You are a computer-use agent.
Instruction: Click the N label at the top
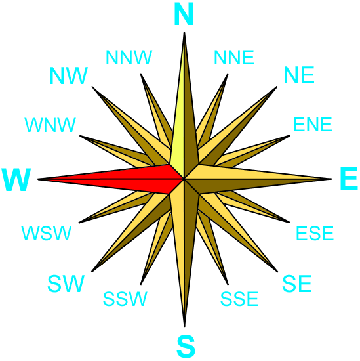(x=184, y=14)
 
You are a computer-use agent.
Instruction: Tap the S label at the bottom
(x=186, y=346)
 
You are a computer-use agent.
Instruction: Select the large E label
(x=349, y=179)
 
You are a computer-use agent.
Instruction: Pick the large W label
(x=16, y=180)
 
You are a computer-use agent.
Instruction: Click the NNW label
(x=129, y=57)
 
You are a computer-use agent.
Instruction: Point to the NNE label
(x=234, y=57)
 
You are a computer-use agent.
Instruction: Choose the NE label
(x=299, y=75)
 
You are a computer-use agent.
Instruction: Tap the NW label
(x=69, y=75)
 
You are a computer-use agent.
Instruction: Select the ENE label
(x=312, y=124)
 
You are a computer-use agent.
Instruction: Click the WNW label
(x=50, y=125)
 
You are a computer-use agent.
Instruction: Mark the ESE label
(x=315, y=233)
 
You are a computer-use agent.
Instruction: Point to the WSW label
(x=47, y=233)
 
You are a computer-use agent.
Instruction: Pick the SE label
(x=297, y=284)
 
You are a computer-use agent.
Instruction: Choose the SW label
(x=66, y=284)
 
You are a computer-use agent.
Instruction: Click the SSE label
(x=239, y=299)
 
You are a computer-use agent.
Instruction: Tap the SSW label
(x=125, y=299)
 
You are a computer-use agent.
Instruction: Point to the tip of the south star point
(x=184, y=326)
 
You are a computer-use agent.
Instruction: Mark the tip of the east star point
(x=331, y=179)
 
